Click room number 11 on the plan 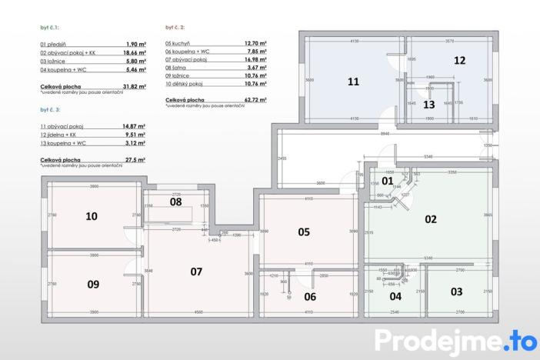click(x=353, y=81)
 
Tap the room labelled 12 click(x=459, y=60)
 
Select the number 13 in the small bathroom click(x=429, y=105)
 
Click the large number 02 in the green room click(x=431, y=218)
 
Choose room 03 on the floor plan click(x=456, y=292)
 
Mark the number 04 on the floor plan click(x=395, y=295)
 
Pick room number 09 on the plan click(x=93, y=284)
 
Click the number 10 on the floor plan click(x=92, y=216)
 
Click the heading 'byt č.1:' click(x=49, y=27)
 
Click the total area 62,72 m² click(x=254, y=99)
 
